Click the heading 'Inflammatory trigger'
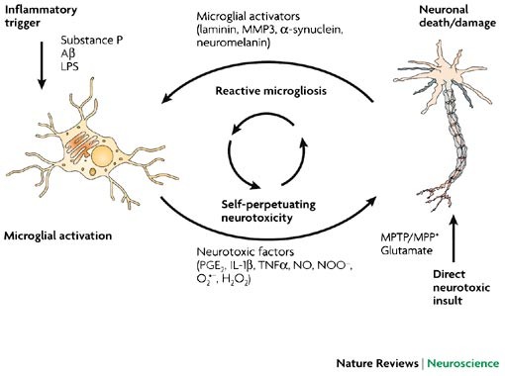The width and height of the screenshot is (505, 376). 41,16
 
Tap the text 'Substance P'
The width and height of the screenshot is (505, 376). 91,41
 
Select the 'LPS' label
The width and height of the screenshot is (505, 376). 69,66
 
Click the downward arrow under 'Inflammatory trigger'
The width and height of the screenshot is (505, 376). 42,65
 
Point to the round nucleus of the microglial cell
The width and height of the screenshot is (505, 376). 102,155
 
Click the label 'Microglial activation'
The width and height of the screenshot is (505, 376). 57,235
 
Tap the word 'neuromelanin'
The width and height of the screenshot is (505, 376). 233,43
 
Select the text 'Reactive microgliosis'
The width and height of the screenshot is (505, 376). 270,91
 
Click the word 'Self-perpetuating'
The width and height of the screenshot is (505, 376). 268,205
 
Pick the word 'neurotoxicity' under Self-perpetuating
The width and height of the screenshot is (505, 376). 256,218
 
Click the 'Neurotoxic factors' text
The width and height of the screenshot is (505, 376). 245,252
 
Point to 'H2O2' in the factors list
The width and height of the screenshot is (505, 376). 236,279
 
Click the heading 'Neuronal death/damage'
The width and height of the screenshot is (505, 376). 457,16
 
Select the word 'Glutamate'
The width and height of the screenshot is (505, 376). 406,250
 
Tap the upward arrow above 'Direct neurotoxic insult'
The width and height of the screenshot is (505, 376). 454,238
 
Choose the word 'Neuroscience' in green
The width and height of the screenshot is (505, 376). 463,363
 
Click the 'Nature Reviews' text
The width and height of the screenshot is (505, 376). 377,363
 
